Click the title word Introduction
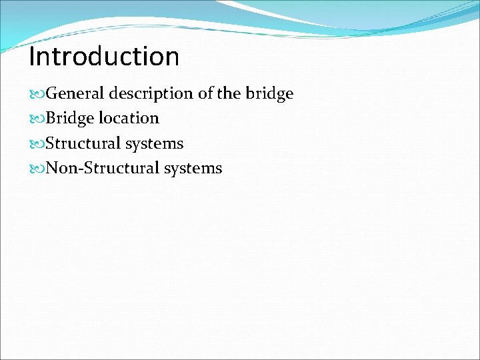[x=104, y=57]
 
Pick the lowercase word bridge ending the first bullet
[x=270, y=94]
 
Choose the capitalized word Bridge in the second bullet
[x=70, y=119]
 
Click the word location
[x=129, y=118]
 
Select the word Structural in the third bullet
[x=85, y=143]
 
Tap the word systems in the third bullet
[x=157, y=144]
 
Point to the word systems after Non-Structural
[x=195, y=169]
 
